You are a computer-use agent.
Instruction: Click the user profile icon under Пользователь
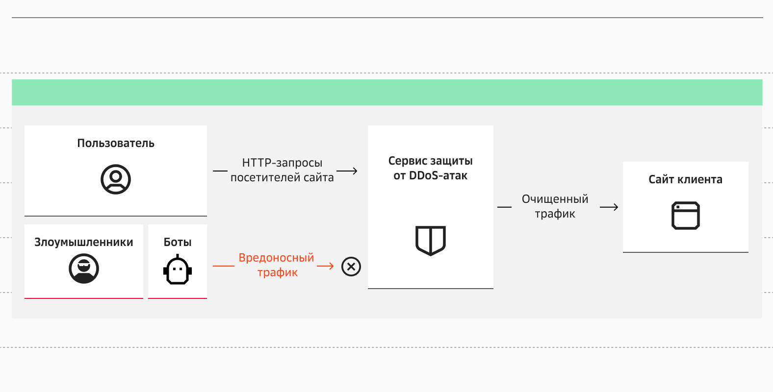point(116,179)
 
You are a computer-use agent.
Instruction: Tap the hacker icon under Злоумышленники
point(84,269)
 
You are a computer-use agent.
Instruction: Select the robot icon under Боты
point(178,269)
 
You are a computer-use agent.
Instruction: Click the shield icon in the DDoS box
point(431,240)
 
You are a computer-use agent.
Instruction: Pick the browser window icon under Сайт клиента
point(686,216)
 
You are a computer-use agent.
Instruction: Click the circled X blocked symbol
point(351,267)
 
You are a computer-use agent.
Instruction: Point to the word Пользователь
point(116,143)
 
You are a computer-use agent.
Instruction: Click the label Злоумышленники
point(84,242)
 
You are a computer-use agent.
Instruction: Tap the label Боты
point(178,242)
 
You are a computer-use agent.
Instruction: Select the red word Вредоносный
point(276,258)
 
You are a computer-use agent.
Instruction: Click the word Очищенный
point(555,199)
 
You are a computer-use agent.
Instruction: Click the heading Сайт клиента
point(686,179)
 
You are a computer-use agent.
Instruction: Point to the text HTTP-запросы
point(282,163)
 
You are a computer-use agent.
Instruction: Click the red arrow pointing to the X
point(325,266)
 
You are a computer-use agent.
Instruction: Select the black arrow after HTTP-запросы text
point(347,171)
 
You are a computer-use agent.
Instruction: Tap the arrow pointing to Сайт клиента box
point(609,207)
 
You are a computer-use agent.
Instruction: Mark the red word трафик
point(278,272)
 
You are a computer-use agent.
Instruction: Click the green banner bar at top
point(387,92)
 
